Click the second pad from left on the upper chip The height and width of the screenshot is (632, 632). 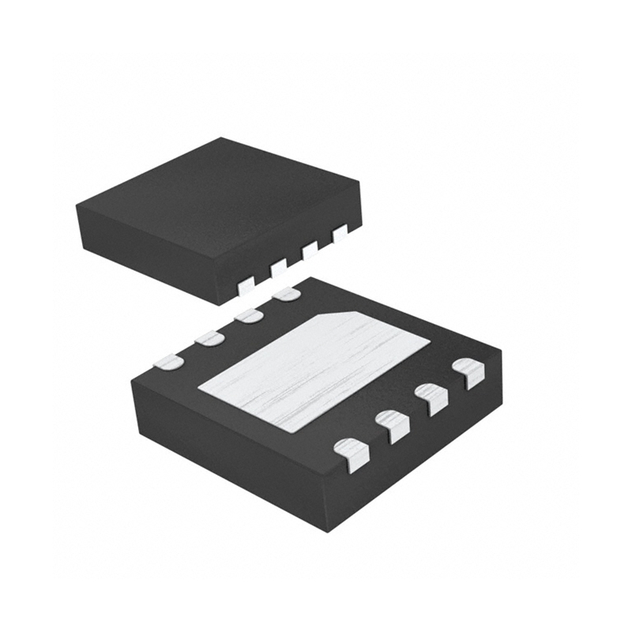[x=278, y=269]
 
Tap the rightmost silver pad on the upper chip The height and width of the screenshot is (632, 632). [x=340, y=234]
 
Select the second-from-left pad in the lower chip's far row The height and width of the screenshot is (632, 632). [x=209, y=339]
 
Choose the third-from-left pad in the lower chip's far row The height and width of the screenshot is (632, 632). [x=249, y=317]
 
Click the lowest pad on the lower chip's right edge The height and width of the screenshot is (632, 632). [x=352, y=453]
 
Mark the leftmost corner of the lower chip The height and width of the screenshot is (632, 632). [x=133, y=382]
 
